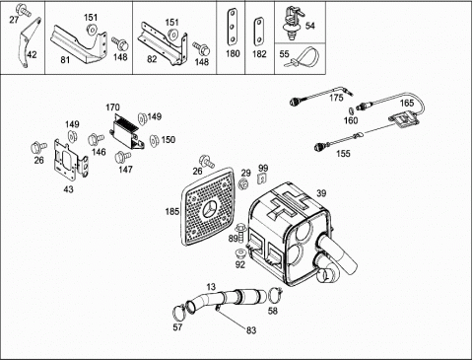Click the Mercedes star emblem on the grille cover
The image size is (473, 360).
[209, 209]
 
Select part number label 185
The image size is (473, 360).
[172, 211]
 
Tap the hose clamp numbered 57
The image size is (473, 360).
[179, 313]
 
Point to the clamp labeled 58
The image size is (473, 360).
[275, 295]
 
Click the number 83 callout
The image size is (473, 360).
[251, 330]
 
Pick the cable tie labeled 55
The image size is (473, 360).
[301, 56]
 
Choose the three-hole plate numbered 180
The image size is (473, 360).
[232, 27]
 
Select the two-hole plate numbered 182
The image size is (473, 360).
[259, 32]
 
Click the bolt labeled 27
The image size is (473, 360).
[24, 10]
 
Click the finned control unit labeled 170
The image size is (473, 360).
[127, 131]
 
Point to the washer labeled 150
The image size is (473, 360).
[154, 140]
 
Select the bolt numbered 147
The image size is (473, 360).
[123, 157]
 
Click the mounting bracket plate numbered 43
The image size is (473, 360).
[71, 160]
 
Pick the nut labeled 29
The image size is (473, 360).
[244, 184]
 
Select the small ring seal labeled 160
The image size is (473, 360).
[351, 109]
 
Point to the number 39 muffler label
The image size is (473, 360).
[321, 193]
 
